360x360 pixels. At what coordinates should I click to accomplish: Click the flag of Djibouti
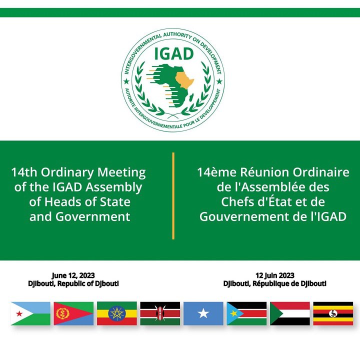point(30,313)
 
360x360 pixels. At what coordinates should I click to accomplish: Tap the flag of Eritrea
point(73,313)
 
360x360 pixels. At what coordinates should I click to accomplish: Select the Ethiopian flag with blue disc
point(117,313)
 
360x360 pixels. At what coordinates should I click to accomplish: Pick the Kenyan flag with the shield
point(160,313)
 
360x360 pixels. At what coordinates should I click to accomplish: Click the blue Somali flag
point(203,313)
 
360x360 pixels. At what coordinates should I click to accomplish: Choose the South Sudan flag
point(246,313)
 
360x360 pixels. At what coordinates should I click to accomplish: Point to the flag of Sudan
point(290,313)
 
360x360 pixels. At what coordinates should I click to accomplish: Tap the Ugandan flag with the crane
point(333,313)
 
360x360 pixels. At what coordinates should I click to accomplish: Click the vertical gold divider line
point(173,195)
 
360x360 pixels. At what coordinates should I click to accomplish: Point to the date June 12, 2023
point(73,275)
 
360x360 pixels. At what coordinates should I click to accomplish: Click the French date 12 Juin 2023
point(274,275)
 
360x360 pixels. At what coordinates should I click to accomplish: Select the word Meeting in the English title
point(120,173)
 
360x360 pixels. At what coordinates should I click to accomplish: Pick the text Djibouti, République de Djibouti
point(274,283)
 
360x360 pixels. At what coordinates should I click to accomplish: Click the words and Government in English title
point(79,216)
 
